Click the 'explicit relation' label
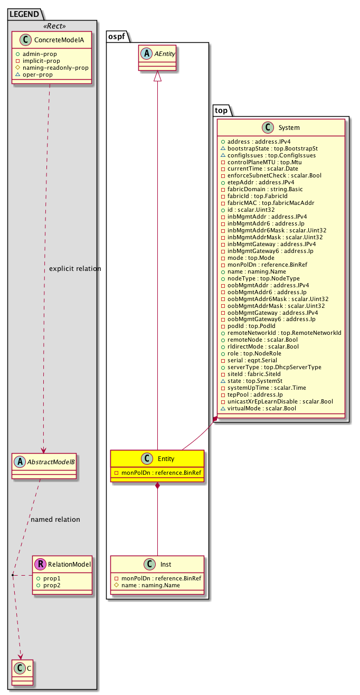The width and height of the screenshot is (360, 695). click(x=74, y=269)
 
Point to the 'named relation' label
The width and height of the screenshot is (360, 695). click(x=55, y=520)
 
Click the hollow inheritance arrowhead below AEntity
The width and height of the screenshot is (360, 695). click(x=157, y=77)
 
